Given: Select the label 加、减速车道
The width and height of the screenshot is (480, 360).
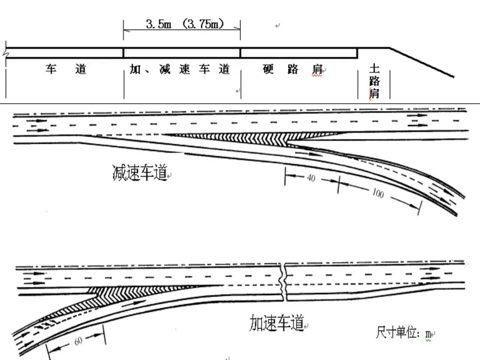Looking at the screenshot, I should [180, 69].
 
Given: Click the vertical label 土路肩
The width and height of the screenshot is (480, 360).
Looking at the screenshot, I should [374, 81].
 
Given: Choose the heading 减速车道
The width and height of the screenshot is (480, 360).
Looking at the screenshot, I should [140, 172].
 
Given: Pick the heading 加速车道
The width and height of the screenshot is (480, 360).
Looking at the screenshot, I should [276, 323].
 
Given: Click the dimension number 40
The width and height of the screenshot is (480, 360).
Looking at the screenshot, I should [311, 178].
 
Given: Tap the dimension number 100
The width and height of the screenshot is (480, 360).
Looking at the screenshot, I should [378, 194].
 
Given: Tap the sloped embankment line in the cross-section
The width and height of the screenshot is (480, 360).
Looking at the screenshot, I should [422, 62].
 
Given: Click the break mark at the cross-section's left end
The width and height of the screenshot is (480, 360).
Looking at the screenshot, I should [6, 53].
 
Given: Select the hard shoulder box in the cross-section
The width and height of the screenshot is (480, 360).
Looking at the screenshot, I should [299, 53].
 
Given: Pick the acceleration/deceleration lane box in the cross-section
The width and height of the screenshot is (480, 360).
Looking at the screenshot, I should [182, 53].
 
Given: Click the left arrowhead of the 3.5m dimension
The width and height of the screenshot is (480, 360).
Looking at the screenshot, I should [126, 31].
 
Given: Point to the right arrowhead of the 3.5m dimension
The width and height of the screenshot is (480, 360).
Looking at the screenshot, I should [238, 31].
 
